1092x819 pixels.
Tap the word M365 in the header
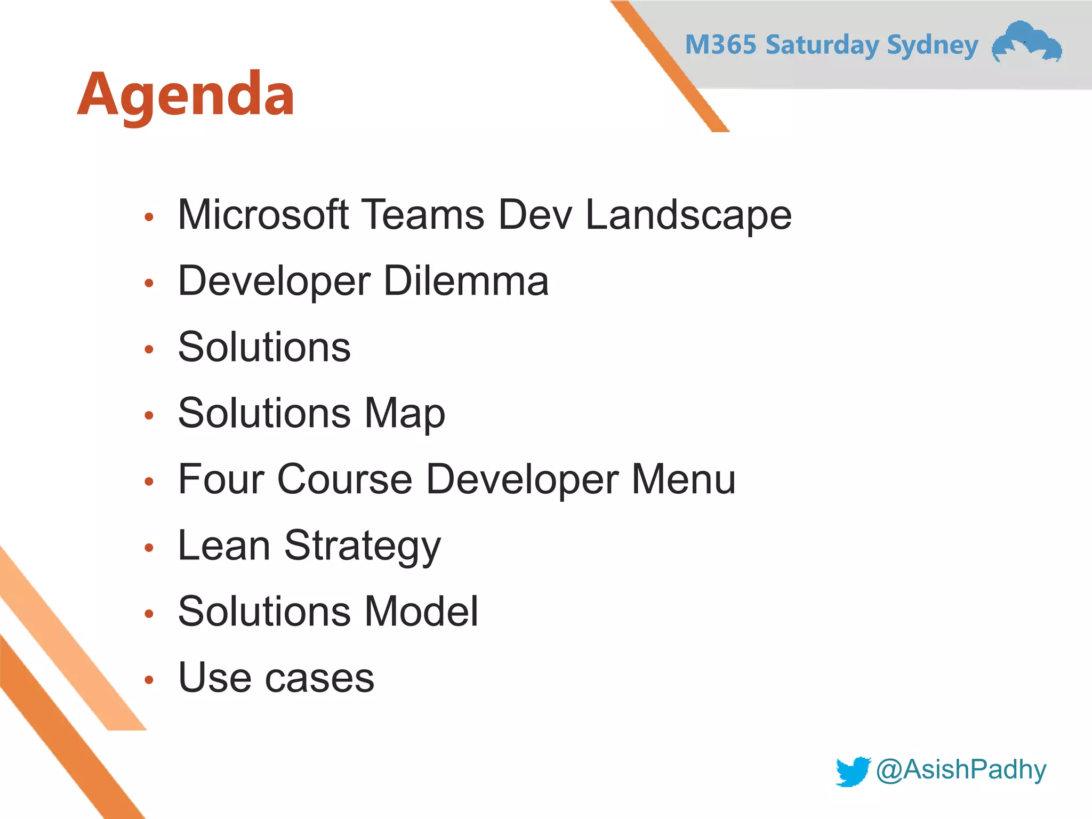720,45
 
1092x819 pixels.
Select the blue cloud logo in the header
1026,43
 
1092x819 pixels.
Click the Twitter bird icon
853,771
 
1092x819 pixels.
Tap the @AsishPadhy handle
961,770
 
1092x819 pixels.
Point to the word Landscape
688,215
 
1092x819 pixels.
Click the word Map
404,414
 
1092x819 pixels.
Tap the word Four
221,479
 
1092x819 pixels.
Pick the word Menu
683,479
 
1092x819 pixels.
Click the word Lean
224,545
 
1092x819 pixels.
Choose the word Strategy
363,547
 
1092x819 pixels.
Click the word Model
421,612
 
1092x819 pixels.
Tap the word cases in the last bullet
320,678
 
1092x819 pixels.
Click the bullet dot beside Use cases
149,680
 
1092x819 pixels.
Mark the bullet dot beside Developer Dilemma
149,283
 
